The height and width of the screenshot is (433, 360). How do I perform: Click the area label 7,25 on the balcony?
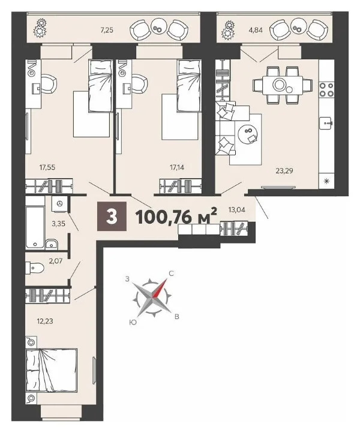pyautogui.click(x=107, y=29)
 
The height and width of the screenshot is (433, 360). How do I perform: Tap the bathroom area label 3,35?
pyautogui.click(x=59, y=224)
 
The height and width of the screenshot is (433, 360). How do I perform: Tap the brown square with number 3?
pyautogui.click(x=112, y=217)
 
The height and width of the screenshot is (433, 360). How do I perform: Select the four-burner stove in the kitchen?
pyautogui.click(x=326, y=89)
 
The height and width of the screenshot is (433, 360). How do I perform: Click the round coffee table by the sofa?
pyautogui.click(x=247, y=135)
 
